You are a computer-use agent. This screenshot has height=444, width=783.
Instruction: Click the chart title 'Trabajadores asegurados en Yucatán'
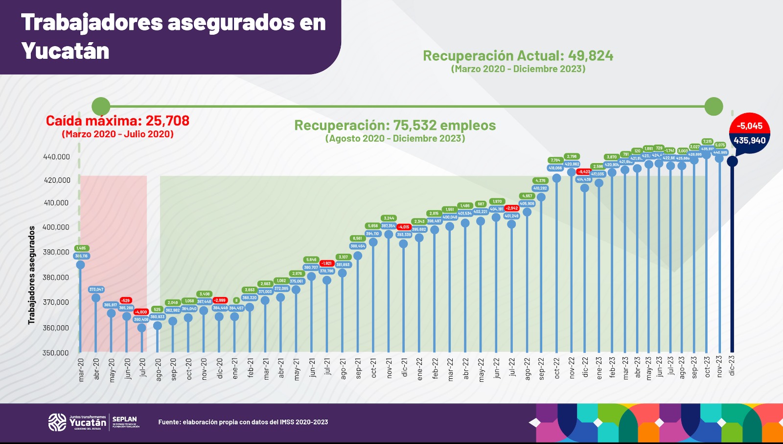(x=173, y=36)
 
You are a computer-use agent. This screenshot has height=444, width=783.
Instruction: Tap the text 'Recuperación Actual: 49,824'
(x=518, y=56)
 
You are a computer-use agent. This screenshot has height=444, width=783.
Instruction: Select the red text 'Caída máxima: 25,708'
(x=117, y=121)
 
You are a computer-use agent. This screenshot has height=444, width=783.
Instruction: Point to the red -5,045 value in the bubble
(x=750, y=126)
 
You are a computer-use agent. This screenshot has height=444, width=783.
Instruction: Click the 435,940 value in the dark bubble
(x=749, y=141)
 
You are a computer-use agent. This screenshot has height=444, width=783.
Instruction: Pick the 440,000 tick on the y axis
(x=56, y=157)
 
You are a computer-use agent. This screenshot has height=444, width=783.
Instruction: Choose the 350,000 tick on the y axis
(x=55, y=353)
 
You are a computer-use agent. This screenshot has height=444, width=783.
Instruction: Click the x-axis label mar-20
(x=81, y=370)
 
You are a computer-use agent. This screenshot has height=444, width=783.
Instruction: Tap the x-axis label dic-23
(x=732, y=366)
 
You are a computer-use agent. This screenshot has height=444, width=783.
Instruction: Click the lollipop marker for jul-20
(x=142, y=328)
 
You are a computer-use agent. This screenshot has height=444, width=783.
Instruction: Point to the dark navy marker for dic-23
(x=732, y=161)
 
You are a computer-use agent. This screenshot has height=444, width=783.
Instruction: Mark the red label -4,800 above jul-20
(x=141, y=312)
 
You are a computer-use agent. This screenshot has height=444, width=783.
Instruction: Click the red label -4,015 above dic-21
(x=404, y=227)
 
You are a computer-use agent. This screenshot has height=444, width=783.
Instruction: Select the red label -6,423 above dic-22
(x=584, y=172)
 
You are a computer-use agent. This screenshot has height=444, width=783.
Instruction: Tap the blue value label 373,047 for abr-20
(x=96, y=290)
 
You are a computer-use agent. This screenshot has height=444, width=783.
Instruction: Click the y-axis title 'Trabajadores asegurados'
(x=32, y=275)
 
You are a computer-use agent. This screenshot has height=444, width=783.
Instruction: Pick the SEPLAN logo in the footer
(x=125, y=422)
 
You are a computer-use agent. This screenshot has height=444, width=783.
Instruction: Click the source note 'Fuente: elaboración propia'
(x=243, y=422)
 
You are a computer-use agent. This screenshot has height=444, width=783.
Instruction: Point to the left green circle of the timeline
(x=101, y=106)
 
